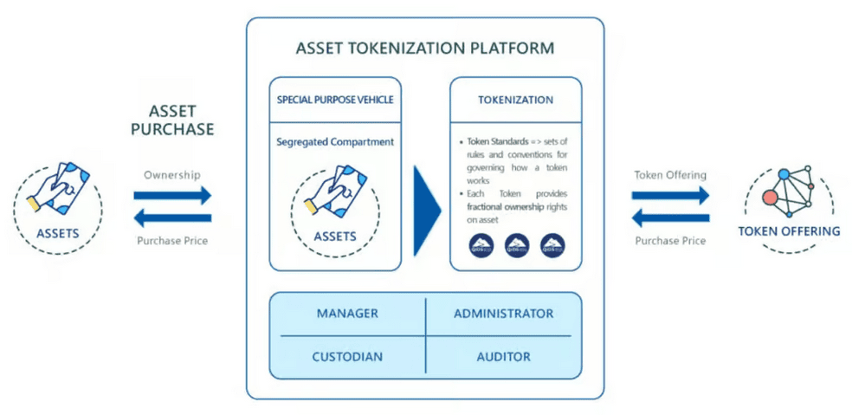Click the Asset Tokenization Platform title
coord(424,49)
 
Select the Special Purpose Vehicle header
coord(335,100)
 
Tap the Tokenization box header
coord(515,100)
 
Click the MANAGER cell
coord(346,314)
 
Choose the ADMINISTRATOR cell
coord(503,314)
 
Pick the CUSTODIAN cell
coord(346,356)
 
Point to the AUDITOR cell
coord(503,356)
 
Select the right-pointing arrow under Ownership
coord(172,196)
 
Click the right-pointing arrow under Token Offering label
coord(670,196)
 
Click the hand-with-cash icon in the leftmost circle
coord(57,187)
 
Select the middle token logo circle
coord(517,243)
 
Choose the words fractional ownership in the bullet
coord(500,208)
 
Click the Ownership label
coord(171,175)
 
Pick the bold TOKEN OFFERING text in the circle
coord(788,231)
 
